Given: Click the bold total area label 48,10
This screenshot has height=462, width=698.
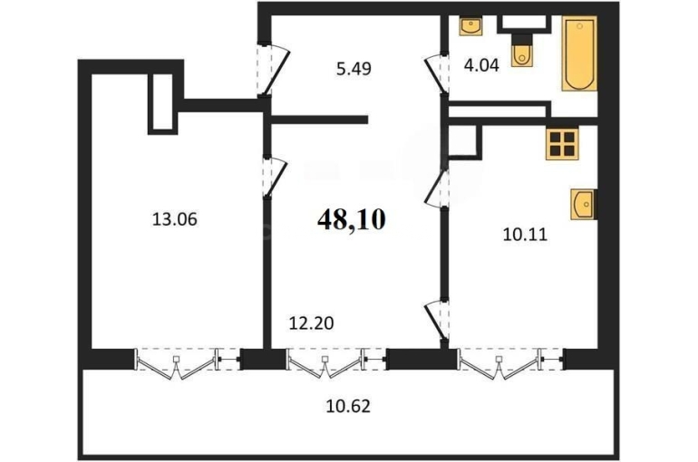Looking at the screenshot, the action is click(351, 219).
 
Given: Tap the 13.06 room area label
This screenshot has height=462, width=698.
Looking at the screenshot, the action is click(174, 219).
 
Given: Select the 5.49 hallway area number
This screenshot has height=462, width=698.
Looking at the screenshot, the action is click(354, 69).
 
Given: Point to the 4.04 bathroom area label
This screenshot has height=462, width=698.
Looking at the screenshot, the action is click(481, 65).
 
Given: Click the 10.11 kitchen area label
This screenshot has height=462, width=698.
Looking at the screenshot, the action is click(525, 235).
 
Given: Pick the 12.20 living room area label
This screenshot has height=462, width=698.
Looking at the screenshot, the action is click(311, 323).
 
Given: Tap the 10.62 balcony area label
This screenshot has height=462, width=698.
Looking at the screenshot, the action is click(348, 406).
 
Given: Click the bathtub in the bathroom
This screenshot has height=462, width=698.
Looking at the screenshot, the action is click(579, 53).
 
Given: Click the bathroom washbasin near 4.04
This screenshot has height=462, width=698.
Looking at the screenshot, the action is click(470, 26).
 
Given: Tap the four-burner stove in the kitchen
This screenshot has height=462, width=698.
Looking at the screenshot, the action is click(562, 144).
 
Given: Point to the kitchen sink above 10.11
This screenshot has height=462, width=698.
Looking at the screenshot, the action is click(582, 204).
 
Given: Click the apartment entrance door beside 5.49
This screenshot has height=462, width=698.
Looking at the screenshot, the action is click(274, 69).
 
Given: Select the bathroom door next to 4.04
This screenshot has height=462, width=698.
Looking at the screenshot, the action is click(436, 74).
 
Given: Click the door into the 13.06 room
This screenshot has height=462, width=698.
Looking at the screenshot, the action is click(274, 177).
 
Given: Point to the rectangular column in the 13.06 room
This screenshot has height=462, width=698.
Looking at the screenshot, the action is click(163, 103).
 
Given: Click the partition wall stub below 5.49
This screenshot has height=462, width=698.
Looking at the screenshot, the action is click(319, 120).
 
